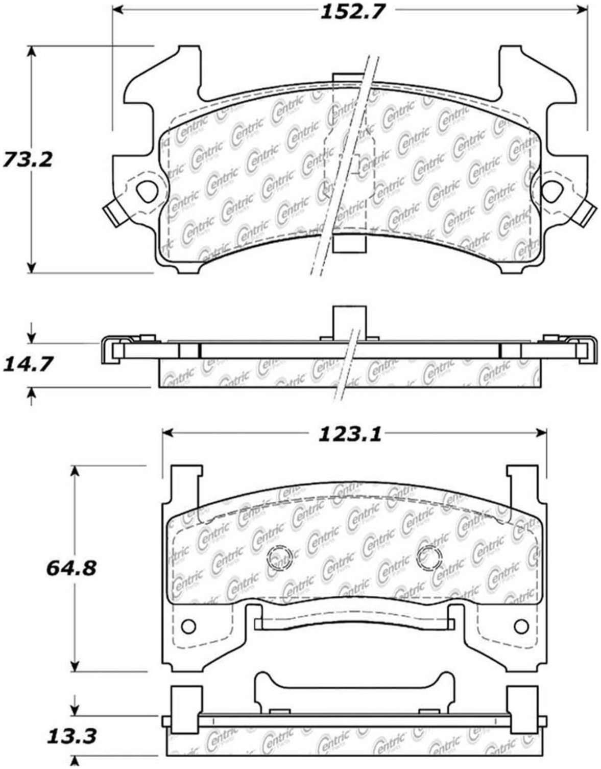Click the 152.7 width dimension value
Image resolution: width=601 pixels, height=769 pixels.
[x=351, y=11]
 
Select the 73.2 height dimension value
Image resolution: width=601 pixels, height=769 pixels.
[x=28, y=159]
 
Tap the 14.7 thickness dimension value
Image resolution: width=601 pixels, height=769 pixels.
[x=28, y=365]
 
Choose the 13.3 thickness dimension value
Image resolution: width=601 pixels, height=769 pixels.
[x=71, y=737]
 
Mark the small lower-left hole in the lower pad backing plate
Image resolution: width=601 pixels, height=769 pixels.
[x=187, y=625]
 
